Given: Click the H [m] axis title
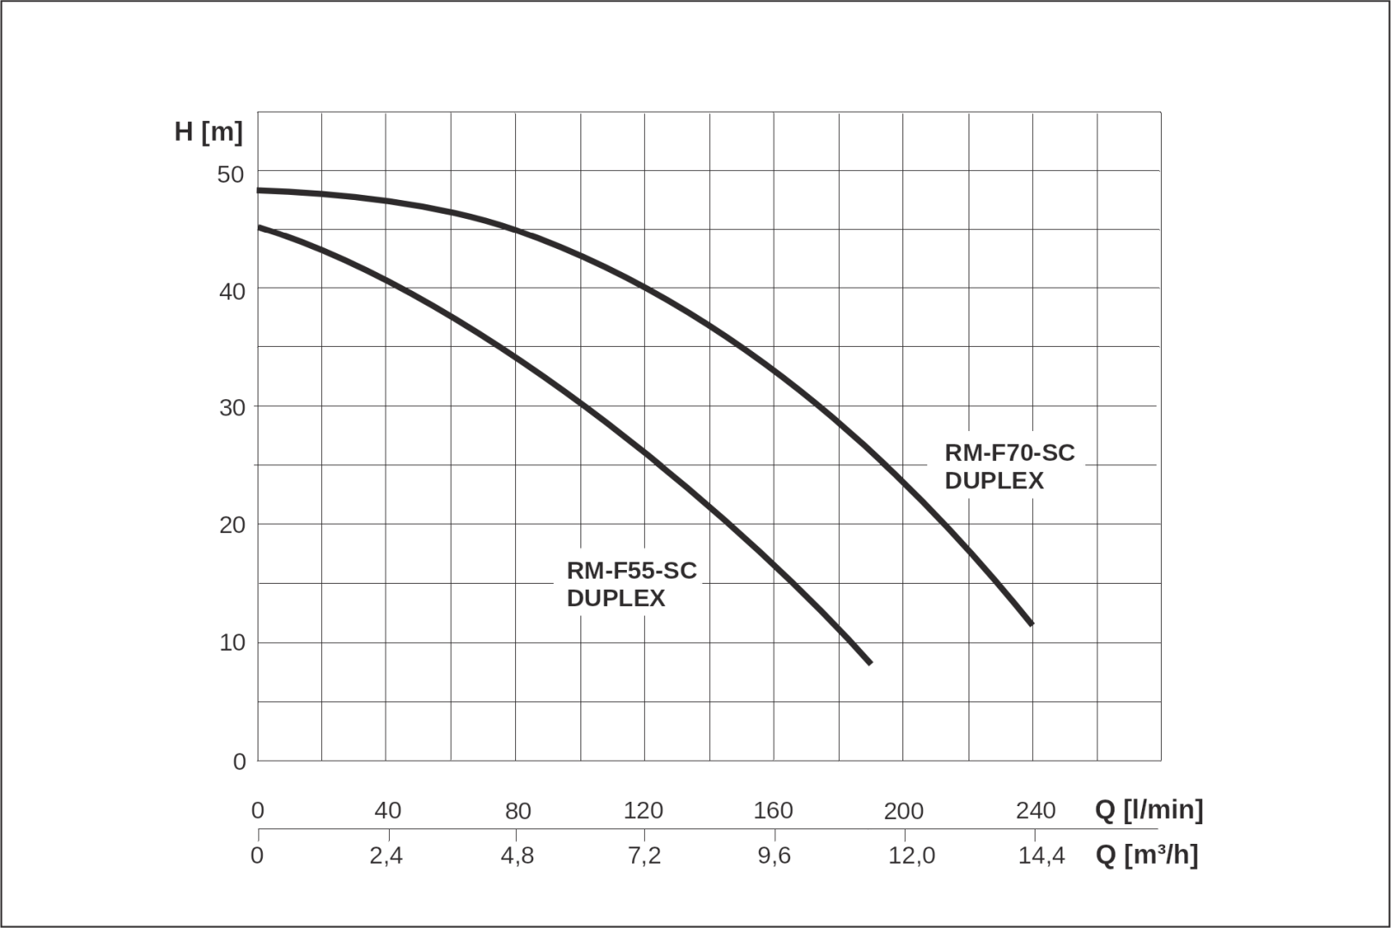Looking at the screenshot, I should coord(209,132).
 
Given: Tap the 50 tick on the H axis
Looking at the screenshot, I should coord(231,174).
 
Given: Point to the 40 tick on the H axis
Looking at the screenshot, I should coord(232,292).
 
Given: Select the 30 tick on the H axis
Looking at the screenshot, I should coord(232,408).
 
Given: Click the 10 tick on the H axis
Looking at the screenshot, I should coord(232,642).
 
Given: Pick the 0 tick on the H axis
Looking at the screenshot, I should coord(239,761).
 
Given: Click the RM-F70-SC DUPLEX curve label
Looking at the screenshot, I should coord(1009,466).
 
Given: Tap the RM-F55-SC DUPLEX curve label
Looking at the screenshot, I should coord(631,584).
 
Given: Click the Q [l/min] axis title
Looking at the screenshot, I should coord(1149,810).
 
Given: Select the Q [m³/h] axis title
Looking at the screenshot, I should coord(1146,855).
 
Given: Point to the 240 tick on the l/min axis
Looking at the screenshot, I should coord(1036,810).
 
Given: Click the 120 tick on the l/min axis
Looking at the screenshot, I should coord(643,810).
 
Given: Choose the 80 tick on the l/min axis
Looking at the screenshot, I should coord(518,810).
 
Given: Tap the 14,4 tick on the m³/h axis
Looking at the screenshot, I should coord(1041,856).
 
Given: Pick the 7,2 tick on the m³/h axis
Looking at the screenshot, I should coord(644,856).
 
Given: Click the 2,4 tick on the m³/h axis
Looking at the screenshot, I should coord(386,856).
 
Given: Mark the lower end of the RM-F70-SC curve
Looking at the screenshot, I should coord(1030,623).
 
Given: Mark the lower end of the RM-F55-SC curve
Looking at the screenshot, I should coord(870,662).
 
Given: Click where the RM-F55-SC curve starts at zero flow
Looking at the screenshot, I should coord(259,227).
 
